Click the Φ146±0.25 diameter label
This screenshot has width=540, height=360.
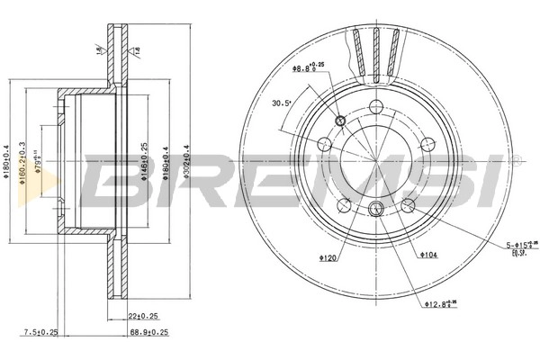[145, 162]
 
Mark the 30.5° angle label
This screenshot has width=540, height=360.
[282, 103]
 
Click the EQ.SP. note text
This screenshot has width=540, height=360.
[517, 255]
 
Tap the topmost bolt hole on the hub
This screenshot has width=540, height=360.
[377, 108]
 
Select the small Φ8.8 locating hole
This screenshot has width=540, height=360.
[340, 121]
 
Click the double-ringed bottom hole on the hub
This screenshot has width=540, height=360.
[377, 211]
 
